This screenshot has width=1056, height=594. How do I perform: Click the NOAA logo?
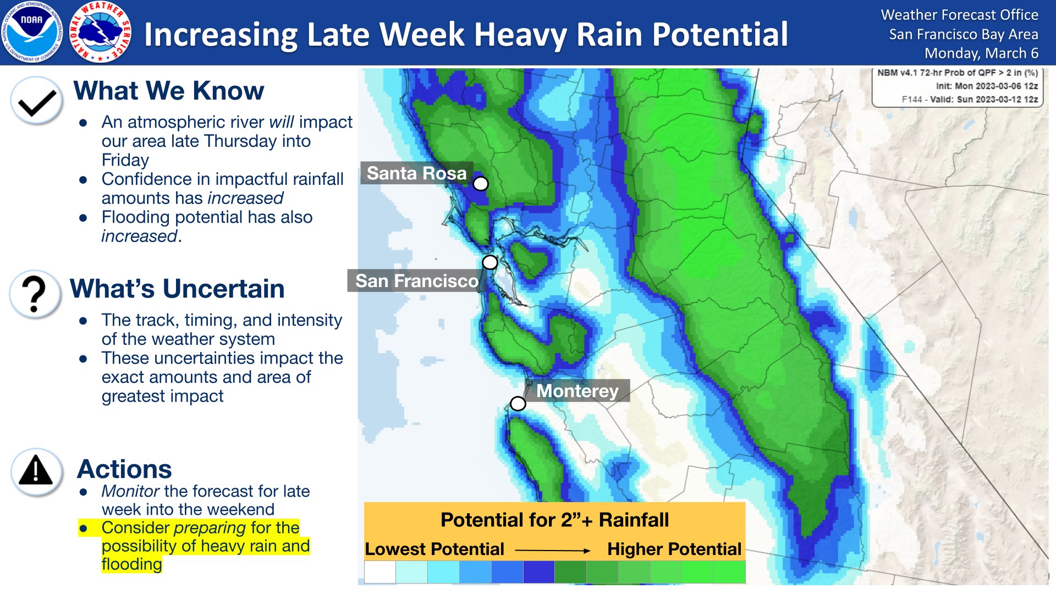tap(32, 32)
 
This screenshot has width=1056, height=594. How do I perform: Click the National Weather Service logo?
tap(101, 32)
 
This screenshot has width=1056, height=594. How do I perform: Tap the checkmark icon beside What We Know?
tap(36, 101)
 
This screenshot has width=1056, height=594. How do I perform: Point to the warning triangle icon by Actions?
tap(36, 472)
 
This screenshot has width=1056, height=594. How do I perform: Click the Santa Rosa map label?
tap(417, 173)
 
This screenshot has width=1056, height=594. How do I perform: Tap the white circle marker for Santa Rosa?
tap(481, 184)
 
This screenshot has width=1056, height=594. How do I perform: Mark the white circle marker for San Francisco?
tap(490, 262)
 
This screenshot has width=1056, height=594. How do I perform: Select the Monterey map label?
tap(577, 391)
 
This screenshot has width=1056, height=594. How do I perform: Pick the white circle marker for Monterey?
tap(518, 404)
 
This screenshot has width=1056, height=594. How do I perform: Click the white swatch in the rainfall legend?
tap(380, 572)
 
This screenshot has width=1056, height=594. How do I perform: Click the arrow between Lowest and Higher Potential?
tap(552, 550)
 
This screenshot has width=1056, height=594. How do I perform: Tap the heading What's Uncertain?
tap(177, 289)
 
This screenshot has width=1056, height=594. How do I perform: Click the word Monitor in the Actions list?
tap(130, 491)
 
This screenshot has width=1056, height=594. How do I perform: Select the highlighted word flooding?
tap(131, 564)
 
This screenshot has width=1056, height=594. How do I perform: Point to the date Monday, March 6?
tap(981, 53)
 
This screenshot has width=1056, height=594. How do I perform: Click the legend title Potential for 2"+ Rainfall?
tap(554, 520)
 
